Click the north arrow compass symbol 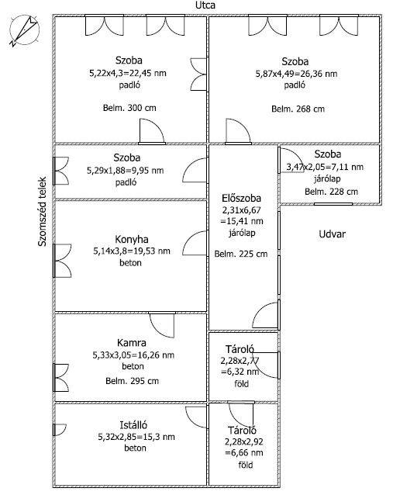(x=25, y=30)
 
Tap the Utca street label (x=205, y=5)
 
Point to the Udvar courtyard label (x=332, y=234)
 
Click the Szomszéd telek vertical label (x=43, y=211)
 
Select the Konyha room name (x=132, y=239)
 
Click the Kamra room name (x=132, y=343)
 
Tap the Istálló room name (x=133, y=425)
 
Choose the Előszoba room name (x=242, y=199)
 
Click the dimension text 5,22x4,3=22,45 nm (x=128, y=73)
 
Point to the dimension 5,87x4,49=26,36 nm (x=296, y=74)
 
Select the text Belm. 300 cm (x=129, y=108)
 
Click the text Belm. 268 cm (x=298, y=109)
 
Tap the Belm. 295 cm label (x=132, y=381)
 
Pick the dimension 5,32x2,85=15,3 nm (x=136, y=437)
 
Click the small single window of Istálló (x=59, y=430)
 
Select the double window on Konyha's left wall (x=62, y=261)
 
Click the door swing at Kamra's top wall (x=162, y=324)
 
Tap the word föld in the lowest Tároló (x=246, y=465)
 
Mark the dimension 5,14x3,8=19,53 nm (x=132, y=251)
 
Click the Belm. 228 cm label (x=331, y=192)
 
